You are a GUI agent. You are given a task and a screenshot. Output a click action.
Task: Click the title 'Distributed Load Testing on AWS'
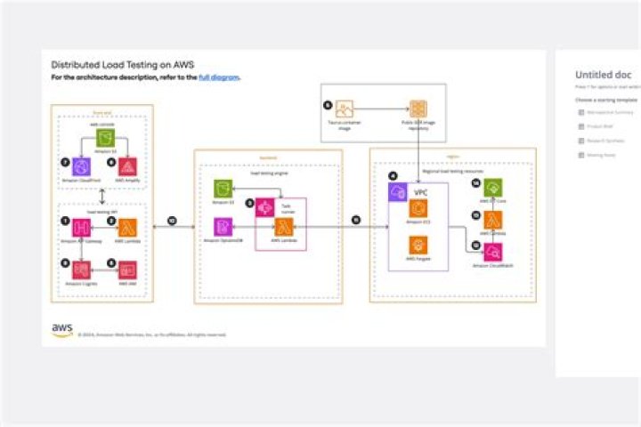(x=122, y=65)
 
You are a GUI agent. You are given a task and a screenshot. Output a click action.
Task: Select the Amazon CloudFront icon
(x=82, y=166)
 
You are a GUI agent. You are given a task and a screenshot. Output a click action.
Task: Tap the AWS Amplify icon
(x=128, y=166)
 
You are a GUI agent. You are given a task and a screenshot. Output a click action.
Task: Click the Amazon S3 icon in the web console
(x=105, y=138)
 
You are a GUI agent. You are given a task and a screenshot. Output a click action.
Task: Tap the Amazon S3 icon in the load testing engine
(x=223, y=189)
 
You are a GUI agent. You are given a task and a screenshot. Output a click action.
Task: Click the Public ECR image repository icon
(x=417, y=110)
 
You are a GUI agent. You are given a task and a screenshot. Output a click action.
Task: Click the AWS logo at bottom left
(x=61, y=330)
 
